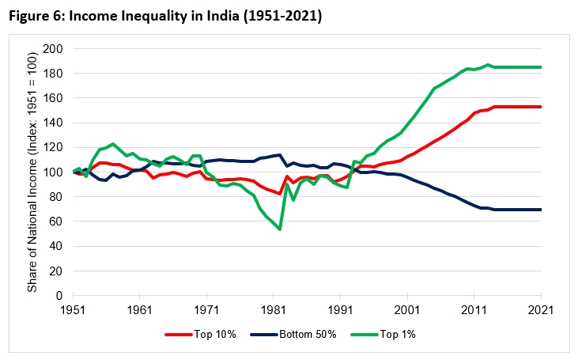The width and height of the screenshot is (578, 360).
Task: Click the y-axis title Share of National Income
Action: (33, 172)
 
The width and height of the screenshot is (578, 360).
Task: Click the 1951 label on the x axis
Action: (74, 309)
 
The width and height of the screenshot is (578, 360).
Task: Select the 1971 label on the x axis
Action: (207, 309)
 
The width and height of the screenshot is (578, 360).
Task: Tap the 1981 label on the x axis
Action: (274, 309)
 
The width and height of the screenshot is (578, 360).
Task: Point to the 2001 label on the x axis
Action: (407, 309)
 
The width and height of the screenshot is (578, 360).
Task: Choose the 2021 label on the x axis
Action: (541, 309)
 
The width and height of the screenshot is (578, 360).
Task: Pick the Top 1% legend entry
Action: (388, 335)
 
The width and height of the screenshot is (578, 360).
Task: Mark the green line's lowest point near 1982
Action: (280, 229)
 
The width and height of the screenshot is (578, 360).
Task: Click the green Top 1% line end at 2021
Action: (541, 67)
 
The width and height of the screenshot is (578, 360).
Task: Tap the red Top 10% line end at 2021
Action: (541, 107)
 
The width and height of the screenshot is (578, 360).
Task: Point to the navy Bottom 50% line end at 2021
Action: (541, 210)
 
